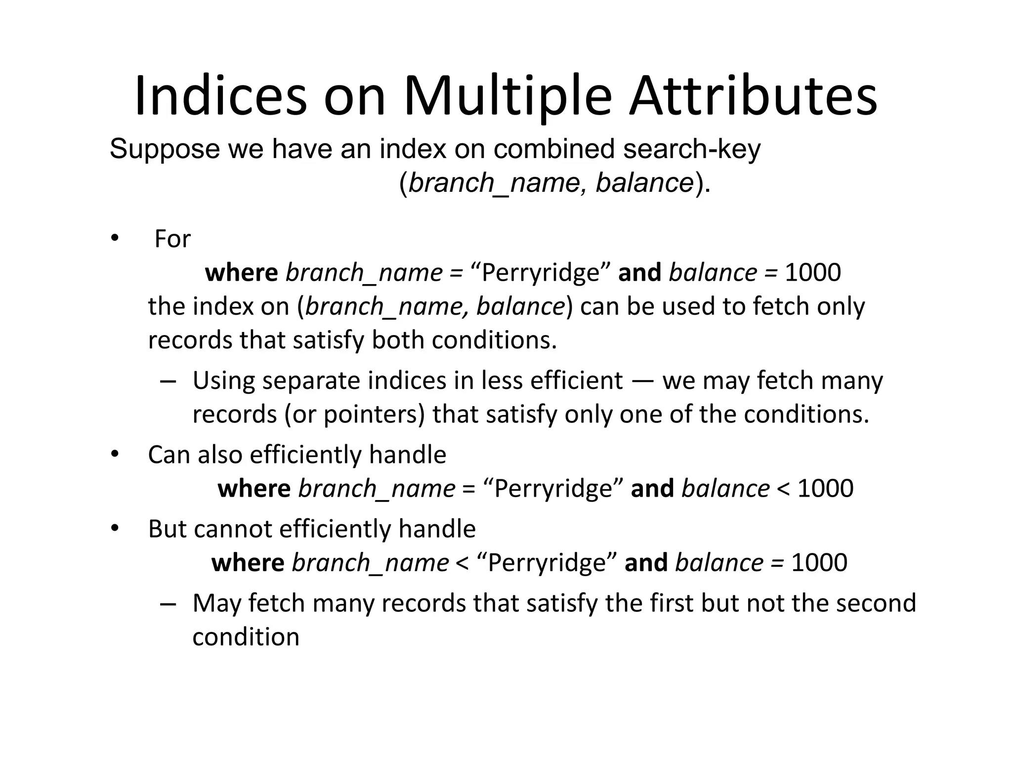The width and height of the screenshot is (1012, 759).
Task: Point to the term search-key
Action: (691, 149)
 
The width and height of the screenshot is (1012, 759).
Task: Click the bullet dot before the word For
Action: (115, 239)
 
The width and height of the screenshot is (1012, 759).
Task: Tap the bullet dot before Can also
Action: (115, 454)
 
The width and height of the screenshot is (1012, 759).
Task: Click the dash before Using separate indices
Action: (168, 381)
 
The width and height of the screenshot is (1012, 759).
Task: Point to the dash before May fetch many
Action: (168, 603)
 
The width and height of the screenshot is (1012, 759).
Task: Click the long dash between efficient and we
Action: (642, 381)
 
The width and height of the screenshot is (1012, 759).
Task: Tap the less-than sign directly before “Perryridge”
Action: (463, 563)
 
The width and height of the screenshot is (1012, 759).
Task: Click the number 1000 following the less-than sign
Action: (825, 489)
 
